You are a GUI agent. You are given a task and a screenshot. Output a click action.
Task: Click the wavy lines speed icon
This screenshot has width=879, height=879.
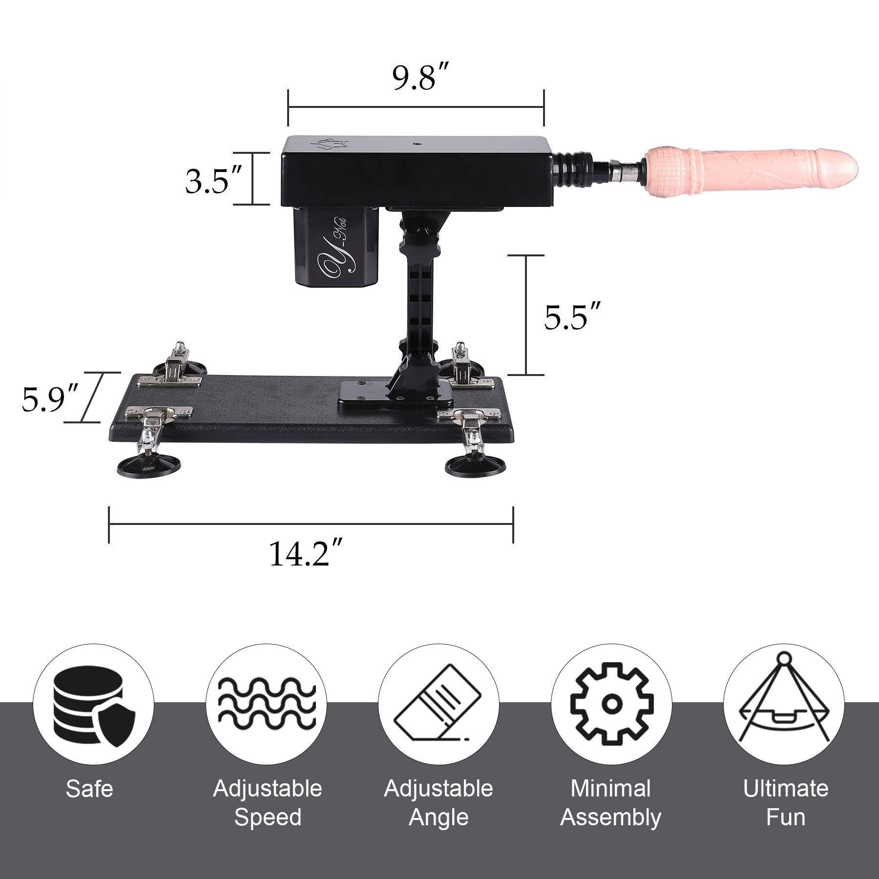pyautogui.click(x=266, y=703)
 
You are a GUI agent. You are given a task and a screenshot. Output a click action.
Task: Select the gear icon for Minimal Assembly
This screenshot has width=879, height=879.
pyautogui.click(x=611, y=704)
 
